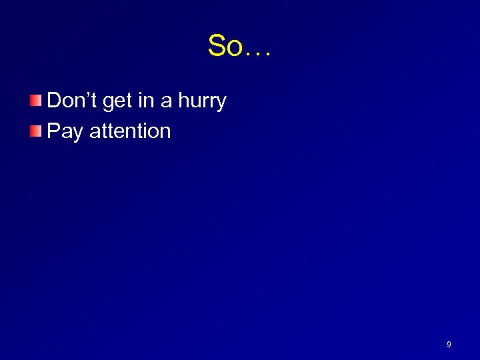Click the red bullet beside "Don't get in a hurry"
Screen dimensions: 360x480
(x=35, y=101)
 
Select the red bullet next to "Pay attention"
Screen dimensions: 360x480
(x=35, y=131)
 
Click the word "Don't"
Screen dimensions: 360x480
(x=73, y=101)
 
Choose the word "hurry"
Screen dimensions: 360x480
(x=203, y=101)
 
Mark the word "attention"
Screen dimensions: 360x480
(x=130, y=131)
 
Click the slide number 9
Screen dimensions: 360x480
(x=449, y=344)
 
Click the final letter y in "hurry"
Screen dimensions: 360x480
(x=221, y=103)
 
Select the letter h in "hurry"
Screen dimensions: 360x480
(x=184, y=101)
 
